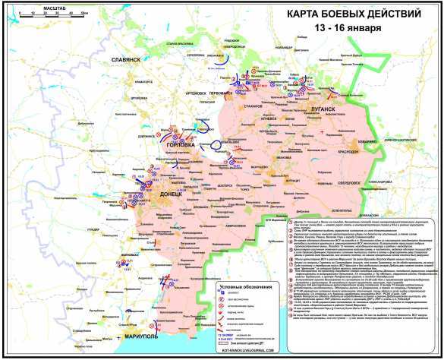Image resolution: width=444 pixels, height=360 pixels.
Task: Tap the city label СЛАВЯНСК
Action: (x=125, y=59)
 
